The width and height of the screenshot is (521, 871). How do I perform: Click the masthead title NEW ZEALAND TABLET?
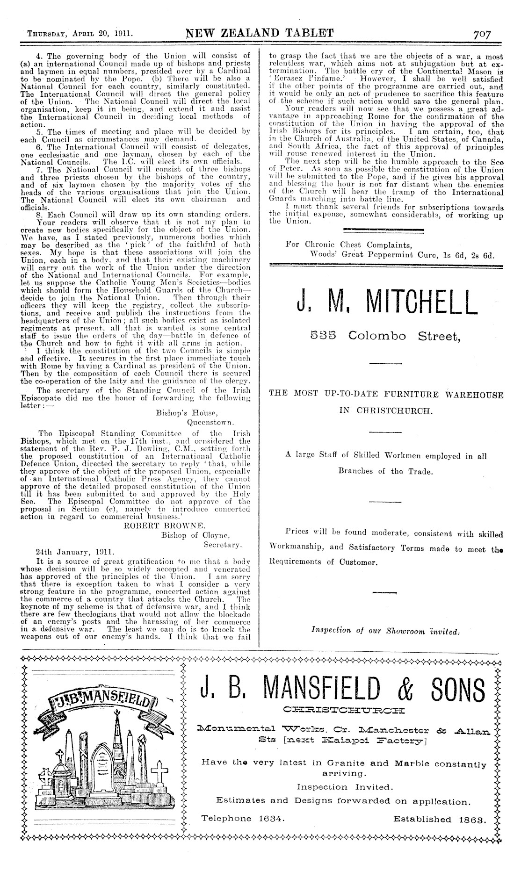click(259, 33)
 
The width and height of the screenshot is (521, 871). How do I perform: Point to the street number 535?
click(323, 336)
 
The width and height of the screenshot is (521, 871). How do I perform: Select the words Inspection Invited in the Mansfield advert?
click(345, 787)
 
